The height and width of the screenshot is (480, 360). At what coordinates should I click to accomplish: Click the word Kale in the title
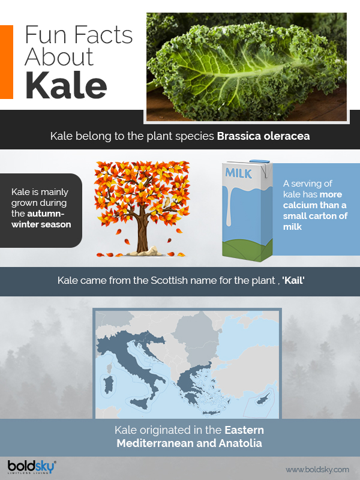(66, 86)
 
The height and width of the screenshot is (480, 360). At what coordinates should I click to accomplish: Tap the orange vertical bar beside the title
(7, 62)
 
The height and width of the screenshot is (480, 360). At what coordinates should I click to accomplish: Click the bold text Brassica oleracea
(263, 136)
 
